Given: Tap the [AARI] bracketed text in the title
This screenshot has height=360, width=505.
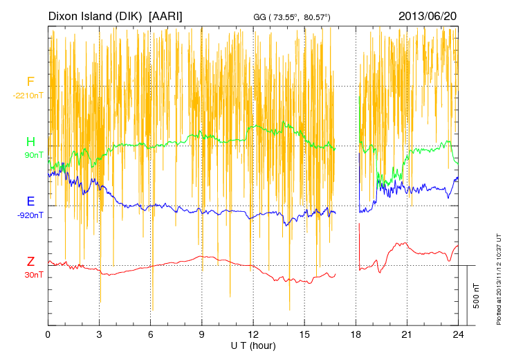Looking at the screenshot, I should [166, 15].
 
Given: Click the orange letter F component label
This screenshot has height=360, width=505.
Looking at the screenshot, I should [30, 82].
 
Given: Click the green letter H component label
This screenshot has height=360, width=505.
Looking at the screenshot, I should [30, 143].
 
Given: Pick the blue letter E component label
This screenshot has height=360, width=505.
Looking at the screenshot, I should [30, 202].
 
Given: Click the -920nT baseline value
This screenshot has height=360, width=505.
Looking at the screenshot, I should [30, 215].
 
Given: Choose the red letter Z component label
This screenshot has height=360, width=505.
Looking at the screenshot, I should [30, 262].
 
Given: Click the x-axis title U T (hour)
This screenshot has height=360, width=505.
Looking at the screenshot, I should [253, 345].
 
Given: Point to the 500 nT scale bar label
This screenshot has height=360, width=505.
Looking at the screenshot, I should [477, 296].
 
